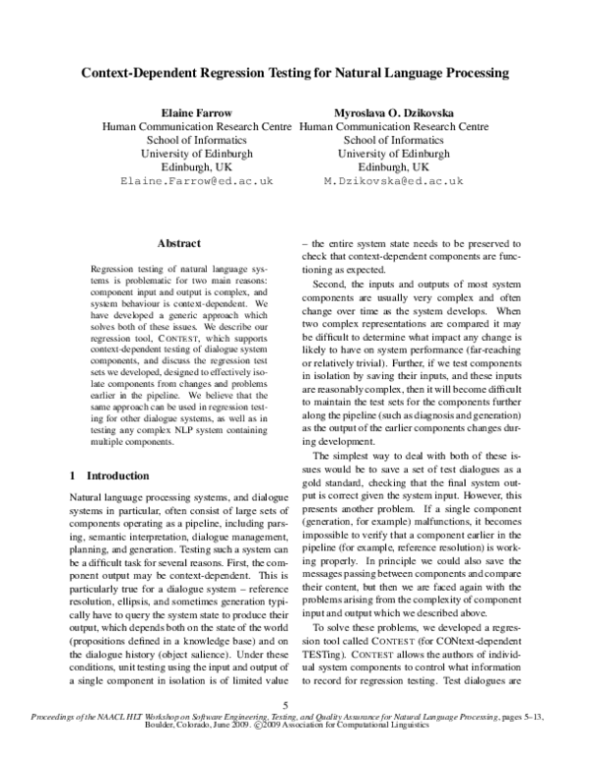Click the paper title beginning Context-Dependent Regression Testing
[x=295, y=73]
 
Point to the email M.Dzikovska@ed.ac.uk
[x=393, y=182]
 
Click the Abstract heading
[x=178, y=243]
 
